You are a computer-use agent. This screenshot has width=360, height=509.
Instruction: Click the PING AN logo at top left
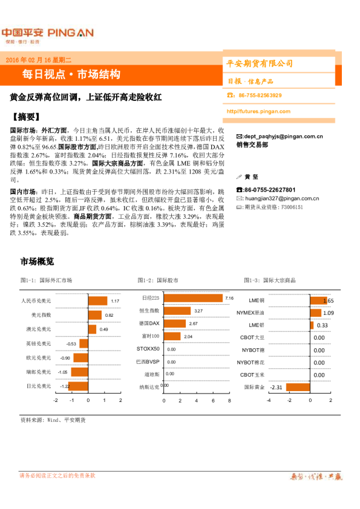point(47,34)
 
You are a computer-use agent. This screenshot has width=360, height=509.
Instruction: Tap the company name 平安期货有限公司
point(259,63)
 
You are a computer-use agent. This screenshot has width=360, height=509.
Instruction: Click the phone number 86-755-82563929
point(260,96)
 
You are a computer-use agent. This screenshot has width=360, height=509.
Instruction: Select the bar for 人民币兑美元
point(97,301)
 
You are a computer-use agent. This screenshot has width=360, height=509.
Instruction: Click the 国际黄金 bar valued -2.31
point(298,387)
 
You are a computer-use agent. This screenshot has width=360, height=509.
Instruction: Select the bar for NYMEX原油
point(316,313)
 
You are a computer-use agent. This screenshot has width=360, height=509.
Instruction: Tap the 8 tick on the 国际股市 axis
point(230,401)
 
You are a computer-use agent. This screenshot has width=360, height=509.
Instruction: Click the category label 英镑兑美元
point(39,343)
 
